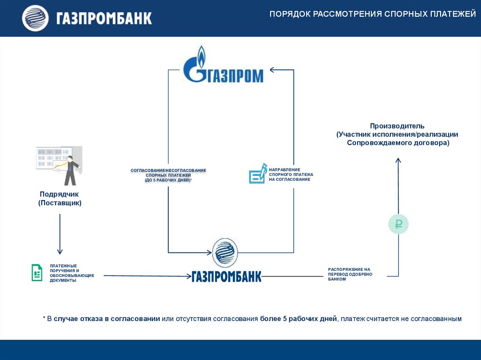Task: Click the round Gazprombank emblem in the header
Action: (x=35, y=18)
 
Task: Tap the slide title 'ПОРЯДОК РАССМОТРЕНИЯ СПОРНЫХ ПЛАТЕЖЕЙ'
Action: (x=372, y=15)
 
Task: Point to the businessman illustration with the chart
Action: (x=60, y=165)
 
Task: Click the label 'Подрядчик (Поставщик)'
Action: (x=60, y=198)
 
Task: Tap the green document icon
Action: (x=37, y=273)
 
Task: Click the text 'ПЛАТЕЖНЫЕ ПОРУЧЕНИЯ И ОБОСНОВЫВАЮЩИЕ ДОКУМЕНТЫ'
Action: (x=72, y=273)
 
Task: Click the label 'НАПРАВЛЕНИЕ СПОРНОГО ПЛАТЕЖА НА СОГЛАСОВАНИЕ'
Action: (x=291, y=174)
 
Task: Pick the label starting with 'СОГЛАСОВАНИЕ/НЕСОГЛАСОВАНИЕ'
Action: (x=168, y=175)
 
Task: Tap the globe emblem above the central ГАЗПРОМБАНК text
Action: (x=225, y=252)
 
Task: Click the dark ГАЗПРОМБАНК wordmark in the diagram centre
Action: (x=226, y=276)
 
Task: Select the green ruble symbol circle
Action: (x=398, y=224)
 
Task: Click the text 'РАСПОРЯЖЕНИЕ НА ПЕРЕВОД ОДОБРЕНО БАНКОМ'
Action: (x=350, y=274)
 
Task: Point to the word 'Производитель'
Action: (x=397, y=126)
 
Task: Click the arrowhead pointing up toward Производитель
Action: (x=398, y=161)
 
